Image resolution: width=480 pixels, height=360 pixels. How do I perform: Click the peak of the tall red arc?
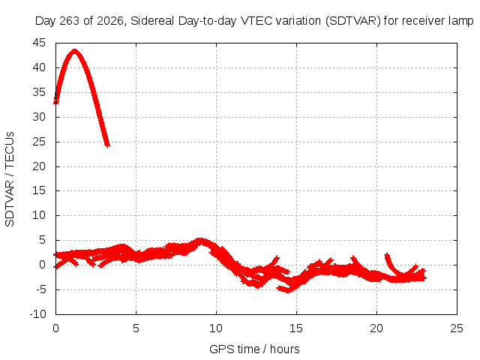pyautogui.click(x=74, y=50)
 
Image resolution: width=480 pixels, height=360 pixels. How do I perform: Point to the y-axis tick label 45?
pyautogui.click(x=39, y=43)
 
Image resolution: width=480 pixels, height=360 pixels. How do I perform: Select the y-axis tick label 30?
pyautogui.click(x=39, y=117)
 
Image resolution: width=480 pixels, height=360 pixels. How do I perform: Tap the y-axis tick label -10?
pyautogui.click(x=37, y=314)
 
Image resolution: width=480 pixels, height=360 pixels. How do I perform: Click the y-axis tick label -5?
pyautogui.click(x=40, y=289)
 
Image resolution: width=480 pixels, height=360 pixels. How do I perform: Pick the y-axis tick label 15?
pyautogui.click(x=39, y=190)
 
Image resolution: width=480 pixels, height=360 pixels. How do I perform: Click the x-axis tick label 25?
pyautogui.click(x=457, y=328)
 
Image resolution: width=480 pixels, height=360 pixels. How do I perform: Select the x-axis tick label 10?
pyautogui.click(x=216, y=328)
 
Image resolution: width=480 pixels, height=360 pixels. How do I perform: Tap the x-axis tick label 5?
pyautogui.click(x=136, y=328)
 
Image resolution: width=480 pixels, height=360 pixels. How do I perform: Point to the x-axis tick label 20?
pyautogui.click(x=376, y=328)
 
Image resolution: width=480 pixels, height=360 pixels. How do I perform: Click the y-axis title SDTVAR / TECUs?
pyautogui.click(x=10, y=179)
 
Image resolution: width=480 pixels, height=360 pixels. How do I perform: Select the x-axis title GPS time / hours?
pyautogui.click(x=254, y=349)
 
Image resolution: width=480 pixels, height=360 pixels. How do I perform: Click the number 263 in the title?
pyautogui.click(x=69, y=21)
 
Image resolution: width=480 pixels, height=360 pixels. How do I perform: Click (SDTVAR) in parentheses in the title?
pyautogui.click(x=353, y=21)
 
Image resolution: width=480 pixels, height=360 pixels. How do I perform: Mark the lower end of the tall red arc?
pyautogui.click(x=107, y=145)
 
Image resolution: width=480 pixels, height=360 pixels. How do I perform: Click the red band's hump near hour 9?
pyautogui.click(x=199, y=241)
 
